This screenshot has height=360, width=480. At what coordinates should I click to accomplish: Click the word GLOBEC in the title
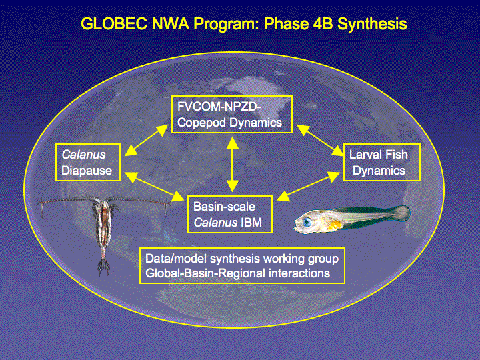point(114,24)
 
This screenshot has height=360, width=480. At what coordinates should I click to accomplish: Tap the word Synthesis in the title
point(372,25)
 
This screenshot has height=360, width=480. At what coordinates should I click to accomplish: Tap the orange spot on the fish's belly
point(335,225)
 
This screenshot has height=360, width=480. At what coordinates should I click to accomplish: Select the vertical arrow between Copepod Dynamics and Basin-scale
point(233,164)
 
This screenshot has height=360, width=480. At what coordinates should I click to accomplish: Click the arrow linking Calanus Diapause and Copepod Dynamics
point(146,140)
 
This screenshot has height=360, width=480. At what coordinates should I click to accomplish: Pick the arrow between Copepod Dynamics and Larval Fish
point(320,140)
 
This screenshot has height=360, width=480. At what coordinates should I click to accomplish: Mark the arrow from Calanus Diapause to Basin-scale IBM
point(154,187)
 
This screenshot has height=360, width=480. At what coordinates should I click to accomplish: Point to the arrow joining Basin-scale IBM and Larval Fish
point(308,187)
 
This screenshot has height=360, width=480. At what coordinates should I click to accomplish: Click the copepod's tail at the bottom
point(104,266)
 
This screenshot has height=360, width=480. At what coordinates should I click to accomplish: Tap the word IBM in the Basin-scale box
point(251,223)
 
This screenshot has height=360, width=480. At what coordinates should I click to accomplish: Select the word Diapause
point(87,171)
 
